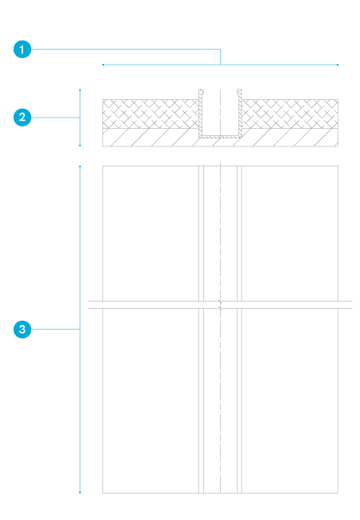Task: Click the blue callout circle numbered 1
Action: point(22,50)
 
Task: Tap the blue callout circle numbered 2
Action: point(22,118)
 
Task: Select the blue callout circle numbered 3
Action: point(22,330)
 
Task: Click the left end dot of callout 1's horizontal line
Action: point(103,65)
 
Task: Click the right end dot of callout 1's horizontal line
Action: point(338,65)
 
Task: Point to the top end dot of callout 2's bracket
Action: point(80,90)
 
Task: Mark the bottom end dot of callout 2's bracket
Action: point(80,146)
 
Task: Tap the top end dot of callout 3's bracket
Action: point(80,166)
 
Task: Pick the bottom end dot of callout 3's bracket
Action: point(80,492)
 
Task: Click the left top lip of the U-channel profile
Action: point(202,91)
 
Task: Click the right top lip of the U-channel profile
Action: point(239,91)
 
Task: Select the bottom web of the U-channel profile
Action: point(220,137)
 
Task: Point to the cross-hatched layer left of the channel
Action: point(150,114)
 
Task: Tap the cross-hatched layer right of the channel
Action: point(290,114)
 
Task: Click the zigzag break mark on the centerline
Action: point(220,305)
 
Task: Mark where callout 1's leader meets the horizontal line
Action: point(220,65)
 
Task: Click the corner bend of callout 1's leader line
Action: point(220,50)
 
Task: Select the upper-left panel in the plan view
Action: point(150,234)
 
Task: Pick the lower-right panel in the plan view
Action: point(290,401)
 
